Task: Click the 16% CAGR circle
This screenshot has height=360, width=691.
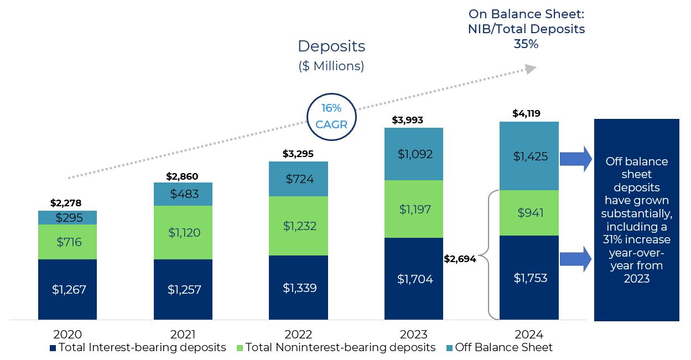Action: click(x=331, y=117)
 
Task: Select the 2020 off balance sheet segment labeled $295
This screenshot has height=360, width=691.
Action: click(x=67, y=218)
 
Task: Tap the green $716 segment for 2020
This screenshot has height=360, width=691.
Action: click(x=67, y=242)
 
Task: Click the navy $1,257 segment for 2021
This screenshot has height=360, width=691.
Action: click(x=183, y=289)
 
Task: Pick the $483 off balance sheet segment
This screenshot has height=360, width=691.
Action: click(x=183, y=194)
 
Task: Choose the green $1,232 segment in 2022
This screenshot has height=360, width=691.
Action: click(x=298, y=226)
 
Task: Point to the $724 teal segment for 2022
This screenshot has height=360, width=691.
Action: click(x=298, y=179)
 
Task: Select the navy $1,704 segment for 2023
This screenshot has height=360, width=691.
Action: click(x=414, y=279)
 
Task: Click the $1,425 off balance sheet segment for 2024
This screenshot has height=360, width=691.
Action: click(x=529, y=156)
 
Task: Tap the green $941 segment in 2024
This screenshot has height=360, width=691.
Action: click(x=529, y=213)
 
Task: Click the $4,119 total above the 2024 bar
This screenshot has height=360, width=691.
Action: click(x=526, y=114)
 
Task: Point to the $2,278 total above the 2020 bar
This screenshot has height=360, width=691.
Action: click(x=65, y=203)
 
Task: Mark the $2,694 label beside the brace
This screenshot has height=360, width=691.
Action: click(x=460, y=259)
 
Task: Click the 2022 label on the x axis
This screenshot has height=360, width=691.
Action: click(x=298, y=335)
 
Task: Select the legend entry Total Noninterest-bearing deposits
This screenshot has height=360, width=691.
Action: click(x=335, y=348)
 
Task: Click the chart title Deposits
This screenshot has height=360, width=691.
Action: click(x=331, y=46)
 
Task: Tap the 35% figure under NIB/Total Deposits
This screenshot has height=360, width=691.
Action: click(x=526, y=44)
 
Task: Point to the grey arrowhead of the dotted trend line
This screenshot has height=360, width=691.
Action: click(x=531, y=69)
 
